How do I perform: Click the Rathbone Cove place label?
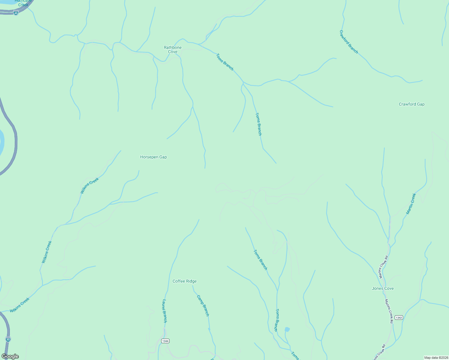point(173,49)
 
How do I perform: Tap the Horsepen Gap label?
point(153,157)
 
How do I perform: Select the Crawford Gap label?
point(411,104)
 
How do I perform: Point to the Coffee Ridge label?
point(185,281)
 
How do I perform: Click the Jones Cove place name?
point(383,288)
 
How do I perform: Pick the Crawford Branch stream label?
point(348,42)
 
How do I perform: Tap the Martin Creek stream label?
point(411,203)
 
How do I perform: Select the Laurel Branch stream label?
point(164,311)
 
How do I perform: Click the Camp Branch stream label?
point(203,305)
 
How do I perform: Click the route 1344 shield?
point(165,341)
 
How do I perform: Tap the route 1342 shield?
point(399,318)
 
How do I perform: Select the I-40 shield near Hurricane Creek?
point(16,13)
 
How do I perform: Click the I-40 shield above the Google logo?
point(8,339)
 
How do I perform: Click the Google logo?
point(10,356)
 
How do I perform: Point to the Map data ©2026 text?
point(436,358)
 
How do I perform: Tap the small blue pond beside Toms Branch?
point(287,329)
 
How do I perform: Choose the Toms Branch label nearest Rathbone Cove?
point(224,62)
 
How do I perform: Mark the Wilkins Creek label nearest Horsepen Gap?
point(89,185)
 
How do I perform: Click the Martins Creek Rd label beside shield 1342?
point(389,311)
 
